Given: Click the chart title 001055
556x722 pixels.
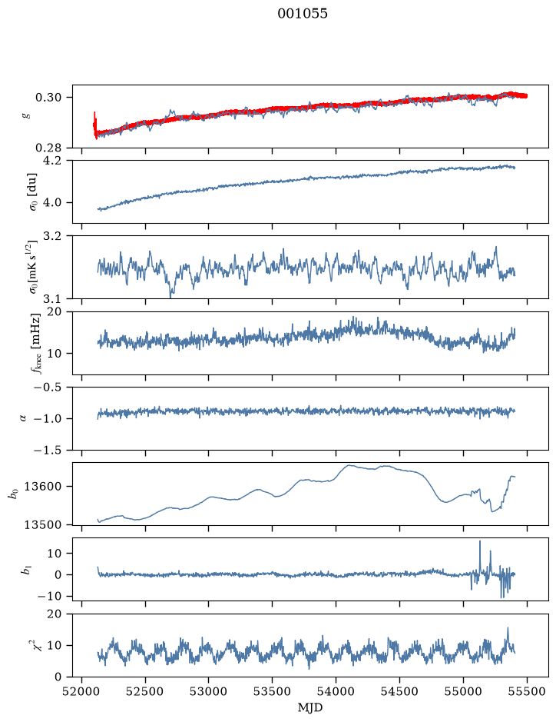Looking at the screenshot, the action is (302, 14).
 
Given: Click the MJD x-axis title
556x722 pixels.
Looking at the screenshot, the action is (310, 707).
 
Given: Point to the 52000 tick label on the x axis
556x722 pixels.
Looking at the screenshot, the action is (82, 691).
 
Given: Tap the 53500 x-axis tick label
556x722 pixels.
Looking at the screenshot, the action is (273, 691).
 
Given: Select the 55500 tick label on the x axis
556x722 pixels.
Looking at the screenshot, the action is (527, 691).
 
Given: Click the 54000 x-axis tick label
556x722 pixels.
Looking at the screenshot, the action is (336, 691).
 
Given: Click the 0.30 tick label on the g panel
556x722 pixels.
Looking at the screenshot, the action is (48, 98).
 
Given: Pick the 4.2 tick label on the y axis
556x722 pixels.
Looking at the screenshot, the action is (51, 161).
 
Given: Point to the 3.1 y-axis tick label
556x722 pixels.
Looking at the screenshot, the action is (51, 299).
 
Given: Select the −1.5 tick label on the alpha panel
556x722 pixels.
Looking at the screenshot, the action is (48, 450).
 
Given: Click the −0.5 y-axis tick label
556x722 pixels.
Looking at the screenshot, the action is (48, 388).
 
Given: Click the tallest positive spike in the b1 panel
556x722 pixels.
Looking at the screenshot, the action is (480, 541).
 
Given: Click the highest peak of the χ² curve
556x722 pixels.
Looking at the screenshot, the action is (508, 628).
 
